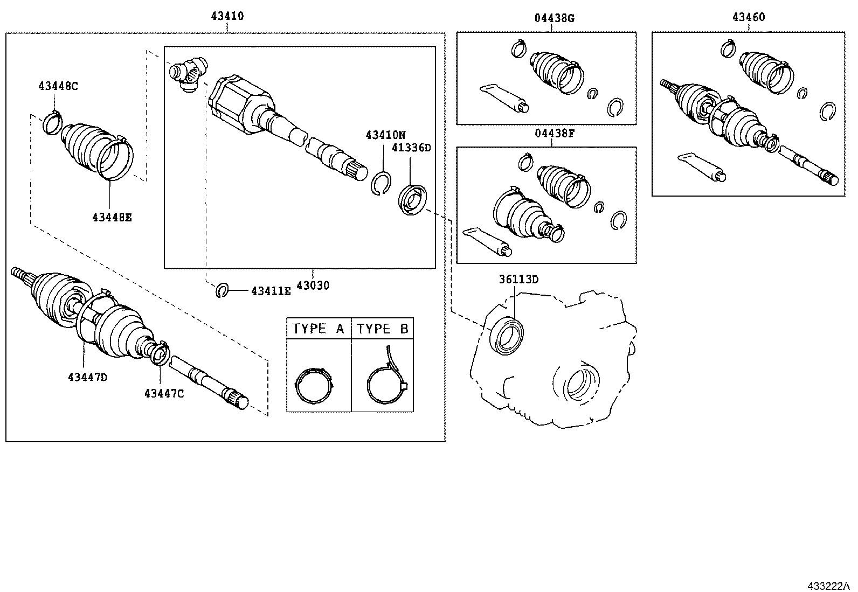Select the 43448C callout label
coord(58,86)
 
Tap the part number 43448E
coord(112,217)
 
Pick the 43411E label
coord(271,291)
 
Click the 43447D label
coord(87,377)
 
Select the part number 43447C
coord(164,393)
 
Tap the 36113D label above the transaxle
coord(518,279)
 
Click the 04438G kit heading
coord(554,18)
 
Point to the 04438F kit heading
coord(554,134)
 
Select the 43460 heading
coord(748,17)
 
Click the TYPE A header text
coord(318,329)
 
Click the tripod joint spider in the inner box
coord(188,72)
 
